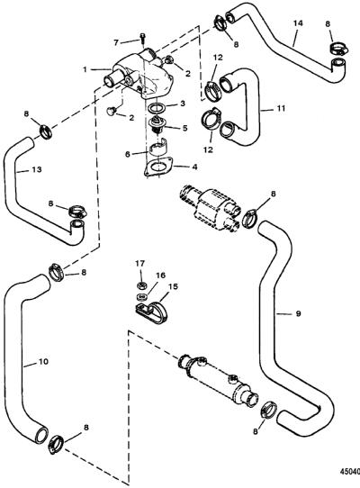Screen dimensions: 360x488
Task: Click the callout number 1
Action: point(85,69)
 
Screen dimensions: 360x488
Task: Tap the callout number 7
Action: point(116,42)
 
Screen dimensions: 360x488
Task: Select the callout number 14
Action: point(298,23)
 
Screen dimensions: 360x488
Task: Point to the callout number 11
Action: point(281,108)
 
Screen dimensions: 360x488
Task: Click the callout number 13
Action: point(37,169)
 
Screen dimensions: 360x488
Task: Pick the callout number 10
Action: point(43,361)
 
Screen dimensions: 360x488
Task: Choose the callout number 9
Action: point(298,313)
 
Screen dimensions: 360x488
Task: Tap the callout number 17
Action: point(140,264)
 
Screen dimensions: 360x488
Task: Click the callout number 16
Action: point(160,276)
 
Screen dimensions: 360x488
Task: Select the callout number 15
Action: point(173,286)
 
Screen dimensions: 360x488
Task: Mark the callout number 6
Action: point(128,154)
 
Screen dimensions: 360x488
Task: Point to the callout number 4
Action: point(194,167)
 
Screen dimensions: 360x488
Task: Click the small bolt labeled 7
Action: point(143,38)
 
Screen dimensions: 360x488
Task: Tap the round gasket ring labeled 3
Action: point(156,107)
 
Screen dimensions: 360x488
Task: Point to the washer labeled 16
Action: point(142,295)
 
